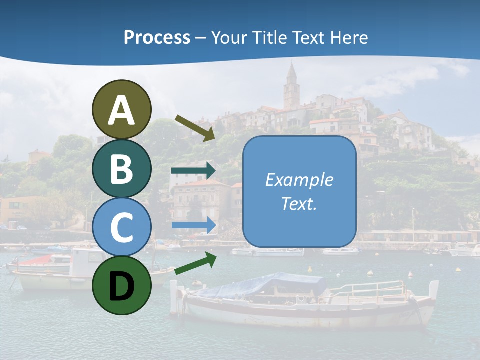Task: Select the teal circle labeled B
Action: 121,168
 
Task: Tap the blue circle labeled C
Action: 121,227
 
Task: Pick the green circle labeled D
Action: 121,285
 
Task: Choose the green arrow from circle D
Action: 195,263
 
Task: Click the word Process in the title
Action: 157,37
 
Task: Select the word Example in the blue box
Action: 299,180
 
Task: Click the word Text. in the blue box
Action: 299,203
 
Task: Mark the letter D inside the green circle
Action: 121,286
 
